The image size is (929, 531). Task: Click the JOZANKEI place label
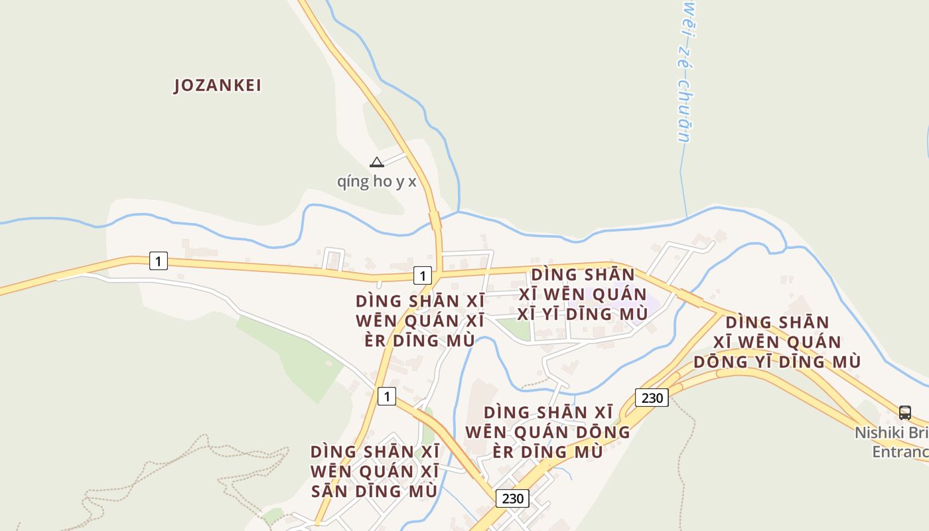pos(218,86)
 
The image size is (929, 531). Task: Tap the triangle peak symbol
pos(376,162)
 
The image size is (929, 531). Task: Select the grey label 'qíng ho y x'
pos(376,181)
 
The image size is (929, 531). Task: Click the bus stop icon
pos(905,412)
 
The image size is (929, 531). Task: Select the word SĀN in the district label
pos(330,492)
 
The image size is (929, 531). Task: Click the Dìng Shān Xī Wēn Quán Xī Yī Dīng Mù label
pos(582,294)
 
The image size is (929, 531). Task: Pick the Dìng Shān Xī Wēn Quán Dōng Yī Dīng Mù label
pos(777,342)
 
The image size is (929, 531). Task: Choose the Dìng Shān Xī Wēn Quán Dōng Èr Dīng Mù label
pos(547,431)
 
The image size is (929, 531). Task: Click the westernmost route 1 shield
pos(158,261)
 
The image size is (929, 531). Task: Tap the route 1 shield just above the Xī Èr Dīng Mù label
pos(422,275)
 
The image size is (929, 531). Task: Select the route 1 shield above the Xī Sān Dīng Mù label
pos(386,396)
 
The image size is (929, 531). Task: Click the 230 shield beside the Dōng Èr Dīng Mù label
pos(652,397)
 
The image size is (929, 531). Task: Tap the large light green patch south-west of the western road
pos(292,355)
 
